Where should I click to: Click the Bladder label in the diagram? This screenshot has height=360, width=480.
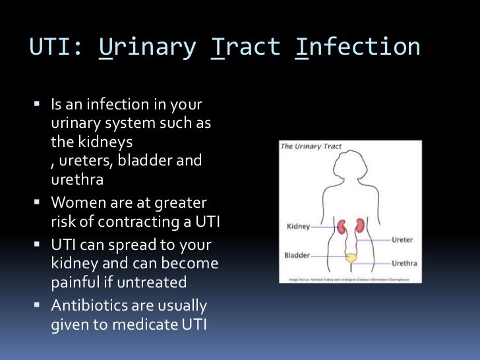click(x=297, y=255)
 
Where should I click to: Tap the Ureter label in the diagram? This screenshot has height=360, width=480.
click(x=404, y=240)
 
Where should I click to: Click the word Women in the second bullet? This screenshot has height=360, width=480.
click(x=76, y=202)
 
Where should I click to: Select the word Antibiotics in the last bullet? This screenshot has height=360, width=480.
click(x=88, y=307)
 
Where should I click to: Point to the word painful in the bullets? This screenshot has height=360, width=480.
click(x=74, y=282)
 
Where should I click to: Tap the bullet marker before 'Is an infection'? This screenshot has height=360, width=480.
click(x=37, y=105)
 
